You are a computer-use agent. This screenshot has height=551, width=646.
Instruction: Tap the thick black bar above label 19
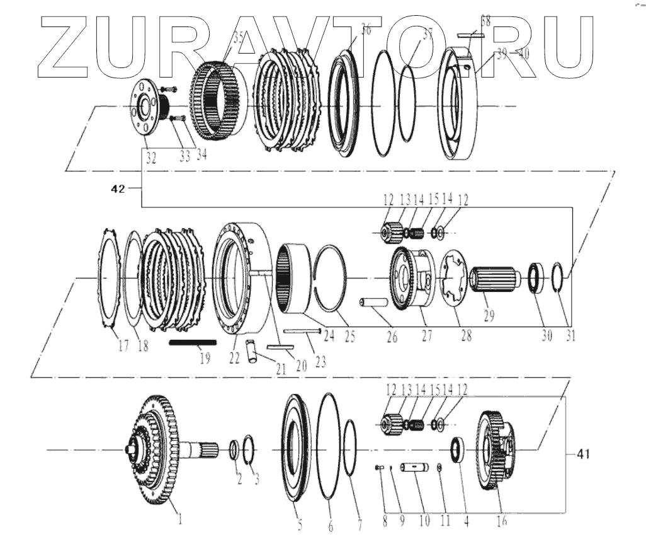coord(193,342)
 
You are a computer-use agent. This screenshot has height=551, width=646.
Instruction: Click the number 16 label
coord(502,520)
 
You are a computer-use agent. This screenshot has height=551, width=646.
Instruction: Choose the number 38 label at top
coord(485,21)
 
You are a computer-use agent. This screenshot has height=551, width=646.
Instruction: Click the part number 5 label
coord(300,522)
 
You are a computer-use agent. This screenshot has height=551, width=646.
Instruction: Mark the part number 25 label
coord(350,337)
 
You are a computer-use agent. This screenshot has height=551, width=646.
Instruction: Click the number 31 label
coord(570,336)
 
